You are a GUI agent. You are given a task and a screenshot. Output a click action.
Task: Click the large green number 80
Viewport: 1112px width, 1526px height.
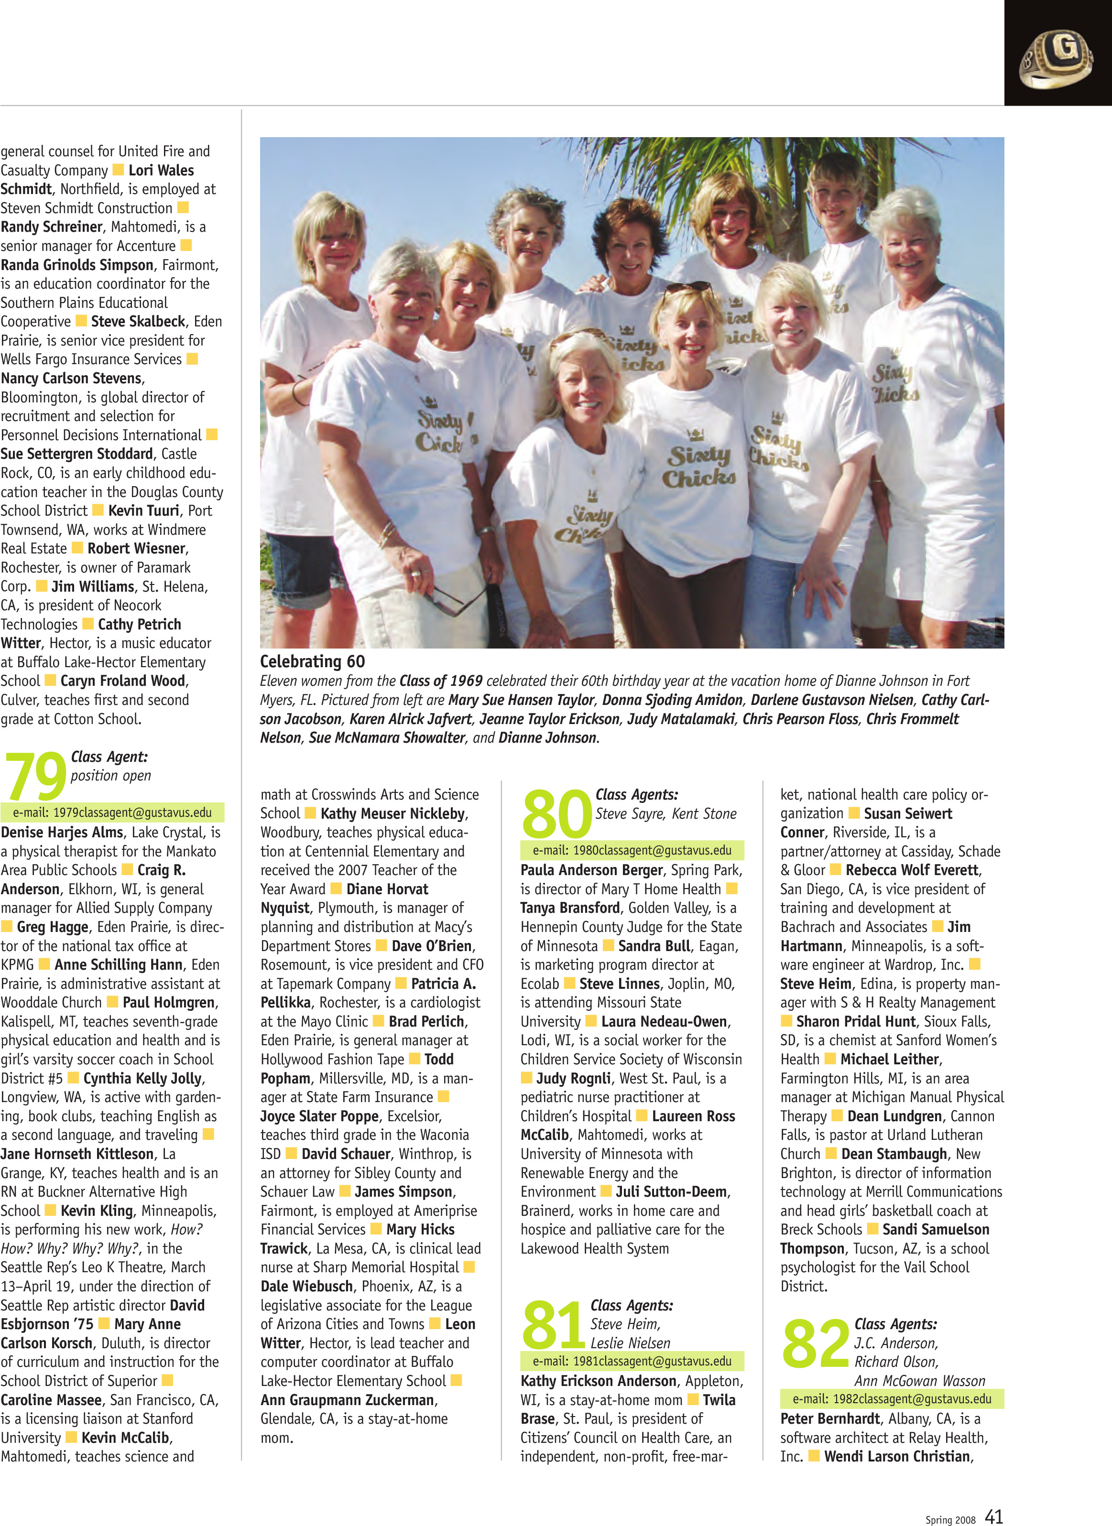[556, 813]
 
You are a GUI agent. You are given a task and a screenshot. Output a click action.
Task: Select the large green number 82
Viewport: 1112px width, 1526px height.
[815, 1343]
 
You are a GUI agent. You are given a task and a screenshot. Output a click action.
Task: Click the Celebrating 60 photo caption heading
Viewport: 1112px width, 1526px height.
[312, 661]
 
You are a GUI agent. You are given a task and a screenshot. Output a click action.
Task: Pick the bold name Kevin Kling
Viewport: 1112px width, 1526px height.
[97, 1211]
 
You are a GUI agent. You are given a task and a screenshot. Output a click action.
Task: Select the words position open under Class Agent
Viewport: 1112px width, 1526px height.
[111, 776]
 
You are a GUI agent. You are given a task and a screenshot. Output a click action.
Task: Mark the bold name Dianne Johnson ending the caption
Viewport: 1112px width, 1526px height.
[547, 738]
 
